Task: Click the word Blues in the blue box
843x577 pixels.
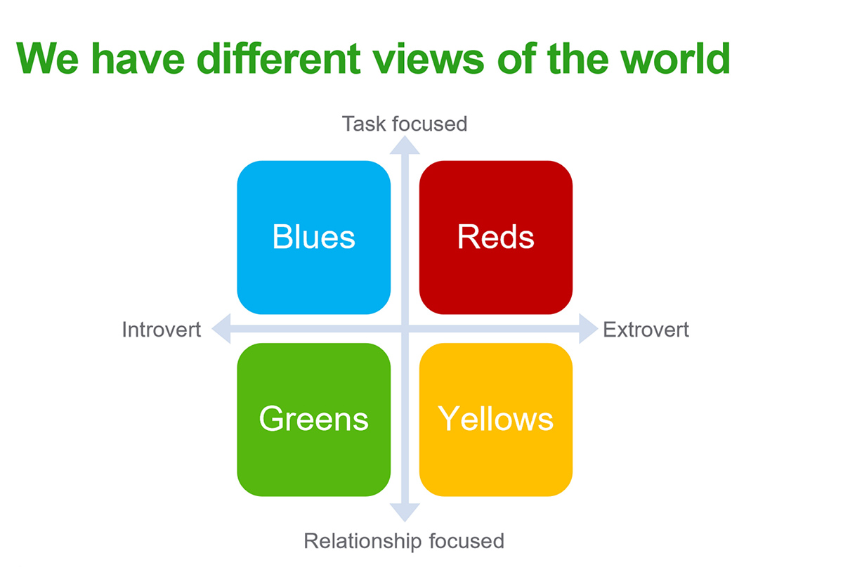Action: pos(313,236)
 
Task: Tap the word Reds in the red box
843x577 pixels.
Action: pos(496,236)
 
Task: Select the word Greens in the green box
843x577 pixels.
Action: pos(313,419)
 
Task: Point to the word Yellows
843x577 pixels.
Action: pos(496,419)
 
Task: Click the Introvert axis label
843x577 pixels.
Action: pos(162,330)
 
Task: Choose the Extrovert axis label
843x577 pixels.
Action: pos(646,330)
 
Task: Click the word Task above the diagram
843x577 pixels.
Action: pos(364,124)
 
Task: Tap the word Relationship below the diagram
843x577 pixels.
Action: pos(362,541)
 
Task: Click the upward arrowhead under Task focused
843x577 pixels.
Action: pos(405,145)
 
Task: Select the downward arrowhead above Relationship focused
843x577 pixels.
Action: pos(405,512)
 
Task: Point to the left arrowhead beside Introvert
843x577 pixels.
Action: pos(222,329)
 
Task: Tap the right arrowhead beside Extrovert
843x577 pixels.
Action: pos(588,329)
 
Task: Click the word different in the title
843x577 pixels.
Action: pos(278,59)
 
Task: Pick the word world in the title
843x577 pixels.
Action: pos(677,59)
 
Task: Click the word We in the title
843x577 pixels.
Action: pos(48,59)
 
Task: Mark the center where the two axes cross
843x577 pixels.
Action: pos(405,329)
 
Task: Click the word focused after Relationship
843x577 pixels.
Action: pos(466,541)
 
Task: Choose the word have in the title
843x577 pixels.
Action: pos(138,59)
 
